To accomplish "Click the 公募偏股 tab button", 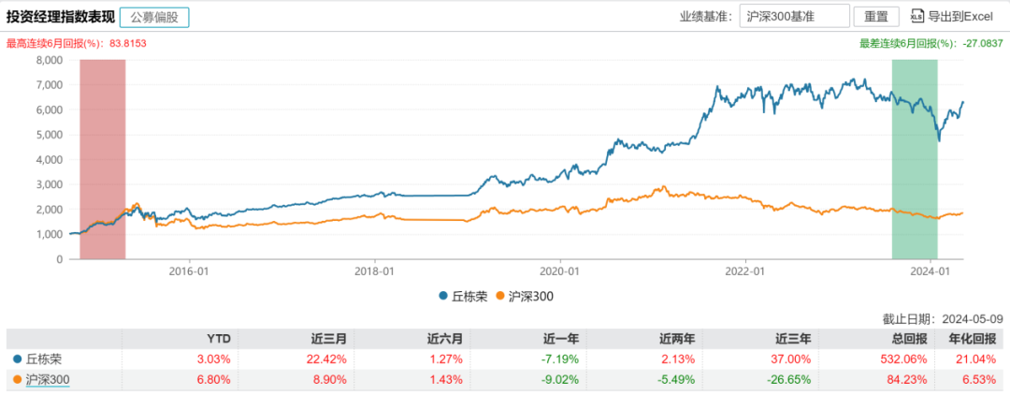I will (x=155, y=17).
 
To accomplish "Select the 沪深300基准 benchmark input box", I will (x=794, y=17).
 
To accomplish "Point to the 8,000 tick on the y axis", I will (x=47, y=60).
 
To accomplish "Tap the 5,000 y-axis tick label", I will (x=47, y=135).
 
